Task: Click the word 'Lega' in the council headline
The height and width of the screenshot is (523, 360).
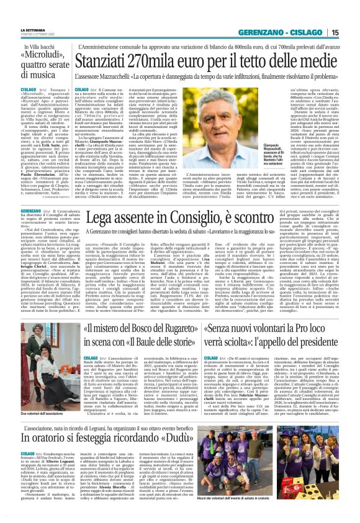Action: (101, 218)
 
